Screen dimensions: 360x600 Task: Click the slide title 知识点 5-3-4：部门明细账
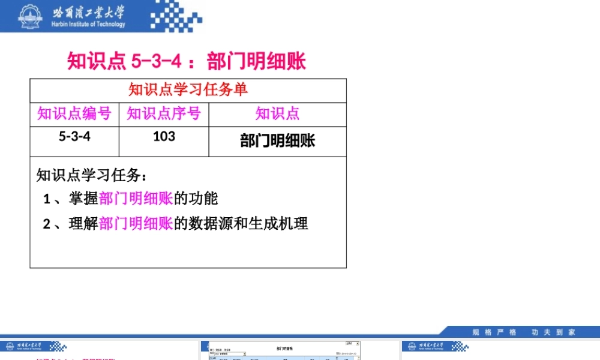point(187,61)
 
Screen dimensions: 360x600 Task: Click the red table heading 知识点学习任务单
point(188,90)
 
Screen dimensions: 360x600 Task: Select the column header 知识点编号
point(74,113)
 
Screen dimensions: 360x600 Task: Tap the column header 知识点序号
point(164,113)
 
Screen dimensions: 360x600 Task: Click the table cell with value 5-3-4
point(74,136)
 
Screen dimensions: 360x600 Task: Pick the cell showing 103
point(164,136)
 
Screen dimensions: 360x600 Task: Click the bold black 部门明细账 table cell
point(277,141)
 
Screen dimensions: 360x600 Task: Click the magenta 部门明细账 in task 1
point(136,199)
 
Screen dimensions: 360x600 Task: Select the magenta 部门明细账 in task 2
point(136,224)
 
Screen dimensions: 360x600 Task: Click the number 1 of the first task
point(47,199)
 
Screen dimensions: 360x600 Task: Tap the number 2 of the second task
point(47,224)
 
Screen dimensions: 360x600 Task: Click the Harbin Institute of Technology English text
point(89,25)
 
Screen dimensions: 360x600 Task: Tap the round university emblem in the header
point(28,16)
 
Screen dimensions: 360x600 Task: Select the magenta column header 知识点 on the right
point(277,113)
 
